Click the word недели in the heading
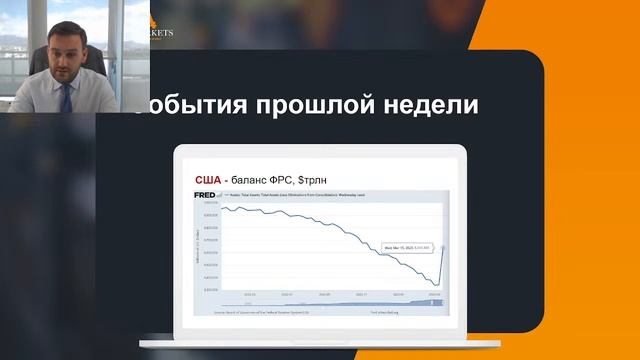pos(420,104)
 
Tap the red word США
pos(209,179)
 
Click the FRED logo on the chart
pos(204,194)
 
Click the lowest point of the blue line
pos(431,284)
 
